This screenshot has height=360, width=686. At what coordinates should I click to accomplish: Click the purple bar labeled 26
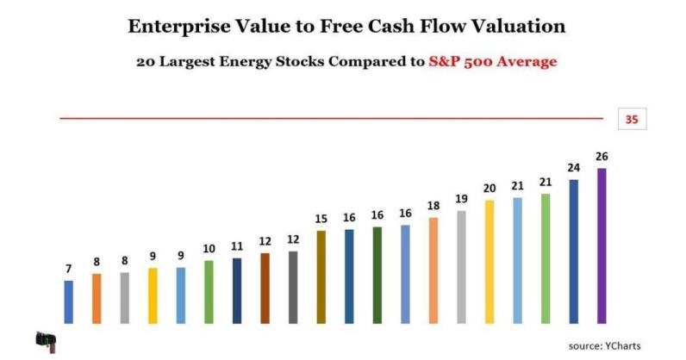[602, 245]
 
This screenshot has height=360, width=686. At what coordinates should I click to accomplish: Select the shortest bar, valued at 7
[69, 301]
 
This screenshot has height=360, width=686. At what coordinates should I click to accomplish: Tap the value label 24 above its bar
[573, 168]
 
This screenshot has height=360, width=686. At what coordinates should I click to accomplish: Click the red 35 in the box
[632, 120]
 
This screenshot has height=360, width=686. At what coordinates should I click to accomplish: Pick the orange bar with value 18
[433, 270]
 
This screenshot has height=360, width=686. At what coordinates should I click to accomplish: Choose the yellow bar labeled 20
[490, 262]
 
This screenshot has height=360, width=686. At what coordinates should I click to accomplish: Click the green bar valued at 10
[209, 291]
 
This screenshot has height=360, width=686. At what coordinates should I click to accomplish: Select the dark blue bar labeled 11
[237, 290]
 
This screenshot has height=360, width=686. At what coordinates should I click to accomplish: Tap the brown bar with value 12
[265, 288]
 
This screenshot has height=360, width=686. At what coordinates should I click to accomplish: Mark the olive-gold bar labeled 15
[321, 276]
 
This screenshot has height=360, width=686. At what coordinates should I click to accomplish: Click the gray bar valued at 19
[461, 266]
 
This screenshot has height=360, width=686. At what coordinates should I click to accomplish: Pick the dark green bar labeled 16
[377, 275]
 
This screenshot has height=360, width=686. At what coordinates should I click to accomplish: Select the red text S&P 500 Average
[492, 62]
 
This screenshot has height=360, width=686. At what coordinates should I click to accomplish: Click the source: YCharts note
[605, 345]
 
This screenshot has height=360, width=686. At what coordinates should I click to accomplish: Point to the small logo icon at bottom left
[46, 341]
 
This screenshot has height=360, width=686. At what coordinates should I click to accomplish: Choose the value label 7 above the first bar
[69, 269]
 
